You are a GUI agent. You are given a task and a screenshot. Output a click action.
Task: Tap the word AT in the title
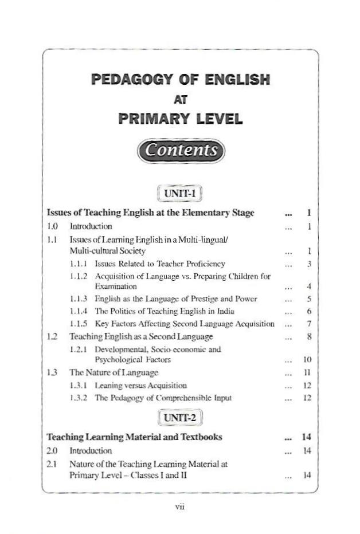point(180,99)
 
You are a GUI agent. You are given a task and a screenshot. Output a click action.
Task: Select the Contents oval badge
point(181,150)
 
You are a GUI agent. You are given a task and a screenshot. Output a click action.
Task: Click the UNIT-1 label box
point(180,193)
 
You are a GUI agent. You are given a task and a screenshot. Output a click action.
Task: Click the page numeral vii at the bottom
point(179,506)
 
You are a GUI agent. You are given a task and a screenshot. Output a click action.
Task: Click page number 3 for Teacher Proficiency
point(308,264)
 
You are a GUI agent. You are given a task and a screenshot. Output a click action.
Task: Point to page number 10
point(307,360)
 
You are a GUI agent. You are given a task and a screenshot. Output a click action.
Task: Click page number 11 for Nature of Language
point(307,373)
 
